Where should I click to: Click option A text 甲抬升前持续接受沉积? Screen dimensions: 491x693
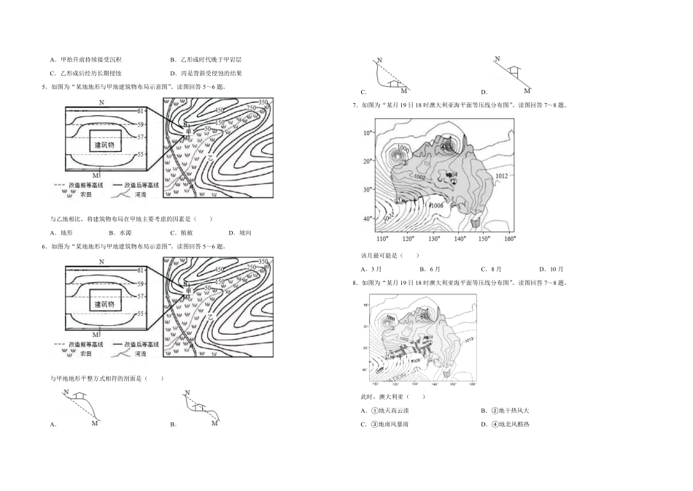coord(90,59)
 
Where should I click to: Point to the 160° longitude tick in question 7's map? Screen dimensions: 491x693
coord(508,240)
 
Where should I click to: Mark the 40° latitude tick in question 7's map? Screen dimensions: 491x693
coord(368,219)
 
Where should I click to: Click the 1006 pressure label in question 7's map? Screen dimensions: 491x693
coord(437,206)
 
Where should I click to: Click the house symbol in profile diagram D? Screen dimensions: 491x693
coord(514,70)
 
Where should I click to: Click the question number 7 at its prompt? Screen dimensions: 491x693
coord(354,105)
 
